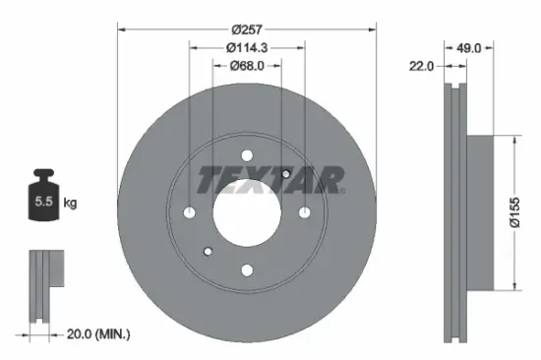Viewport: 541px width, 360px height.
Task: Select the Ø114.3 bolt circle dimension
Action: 247,47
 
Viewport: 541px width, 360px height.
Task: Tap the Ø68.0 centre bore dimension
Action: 247,68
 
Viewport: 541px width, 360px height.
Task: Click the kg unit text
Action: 69,204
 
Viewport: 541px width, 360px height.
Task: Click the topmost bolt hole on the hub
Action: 247,154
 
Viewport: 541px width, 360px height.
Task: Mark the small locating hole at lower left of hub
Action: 208,252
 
